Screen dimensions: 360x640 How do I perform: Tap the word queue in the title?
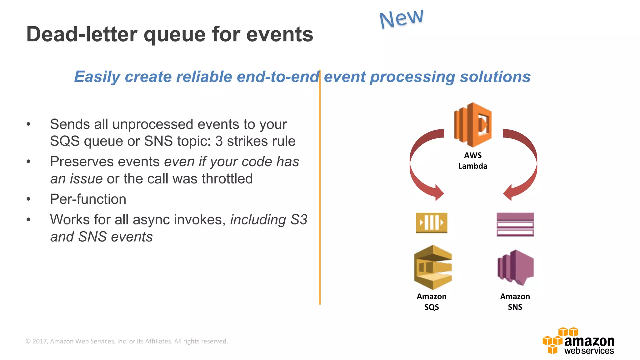(174, 35)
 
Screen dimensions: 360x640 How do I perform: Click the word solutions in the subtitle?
(495, 77)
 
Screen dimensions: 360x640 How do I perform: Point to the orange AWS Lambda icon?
(473, 125)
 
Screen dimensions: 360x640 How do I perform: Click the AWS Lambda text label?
(472, 161)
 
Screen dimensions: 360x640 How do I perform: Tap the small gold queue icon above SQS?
(432, 223)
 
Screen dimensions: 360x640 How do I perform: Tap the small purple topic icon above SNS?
(515, 224)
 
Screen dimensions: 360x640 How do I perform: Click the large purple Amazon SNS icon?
(515, 267)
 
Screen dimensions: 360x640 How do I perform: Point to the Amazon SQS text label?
(432, 302)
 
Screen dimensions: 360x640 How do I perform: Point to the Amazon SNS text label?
(515, 302)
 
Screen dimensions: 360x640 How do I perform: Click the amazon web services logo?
(578, 341)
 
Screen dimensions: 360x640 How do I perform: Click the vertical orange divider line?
(320, 187)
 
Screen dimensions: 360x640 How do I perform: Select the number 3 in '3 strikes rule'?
(219, 141)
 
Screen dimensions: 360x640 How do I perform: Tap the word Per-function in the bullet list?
(88, 199)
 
